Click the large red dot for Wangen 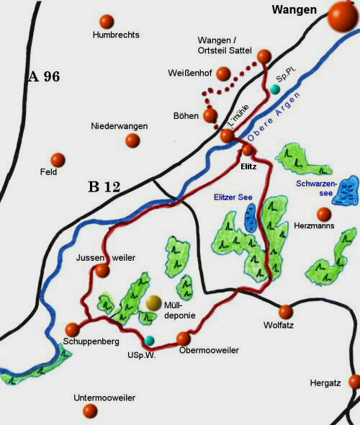pyautogui.click(x=343, y=16)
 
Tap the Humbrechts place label pyautogui.click(x=116, y=35)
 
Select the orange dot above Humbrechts pyautogui.click(x=107, y=21)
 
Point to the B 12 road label pyautogui.click(x=104, y=187)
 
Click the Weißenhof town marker pyautogui.click(x=223, y=73)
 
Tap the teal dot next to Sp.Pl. pyautogui.click(x=274, y=89)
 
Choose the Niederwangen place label pyautogui.click(x=120, y=126)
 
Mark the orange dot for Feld pyautogui.click(x=58, y=159)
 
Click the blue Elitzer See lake pyautogui.click(x=251, y=217)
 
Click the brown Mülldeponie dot pyautogui.click(x=153, y=303)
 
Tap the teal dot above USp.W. pyautogui.click(x=149, y=339)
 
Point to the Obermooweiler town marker pyautogui.click(x=184, y=338)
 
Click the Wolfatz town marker pyautogui.click(x=286, y=312)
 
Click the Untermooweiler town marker pyautogui.click(x=91, y=411)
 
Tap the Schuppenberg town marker pyautogui.click(x=73, y=329)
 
